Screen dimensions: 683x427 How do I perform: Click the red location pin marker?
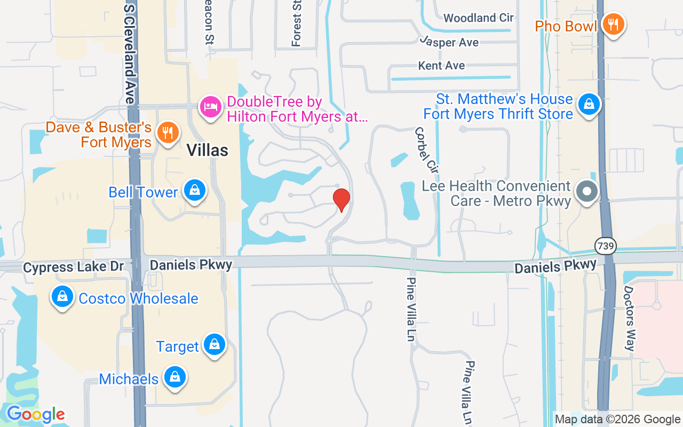click(x=341, y=200)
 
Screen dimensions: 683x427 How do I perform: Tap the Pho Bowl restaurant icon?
click(x=614, y=24)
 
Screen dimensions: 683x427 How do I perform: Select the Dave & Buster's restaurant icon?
click(x=169, y=132)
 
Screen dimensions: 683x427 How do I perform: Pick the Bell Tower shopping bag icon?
click(x=195, y=190)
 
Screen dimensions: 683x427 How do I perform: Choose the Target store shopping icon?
click(x=215, y=344)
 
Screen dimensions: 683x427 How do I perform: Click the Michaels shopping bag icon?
click(x=174, y=377)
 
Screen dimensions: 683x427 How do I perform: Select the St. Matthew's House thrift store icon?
click(x=590, y=104)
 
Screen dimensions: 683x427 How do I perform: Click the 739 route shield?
click(x=606, y=246)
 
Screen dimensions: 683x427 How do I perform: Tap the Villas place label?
click(x=208, y=151)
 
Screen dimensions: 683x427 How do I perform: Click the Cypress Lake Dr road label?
click(x=74, y=266)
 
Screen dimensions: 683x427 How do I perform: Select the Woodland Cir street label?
click(x=478, y=18)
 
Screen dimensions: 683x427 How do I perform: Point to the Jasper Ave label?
click(x=449, y=42)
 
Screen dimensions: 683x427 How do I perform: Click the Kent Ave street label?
click(x=441, y=66)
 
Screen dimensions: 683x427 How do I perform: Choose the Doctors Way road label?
click(x=630, y=318)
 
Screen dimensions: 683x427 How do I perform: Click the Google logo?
click(x=35, y=414)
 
